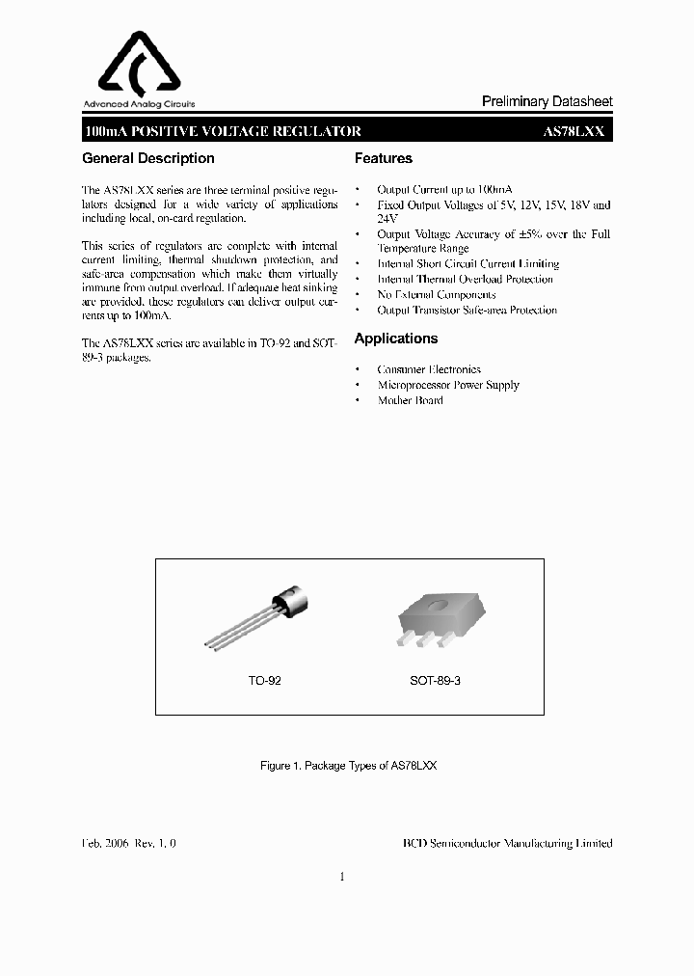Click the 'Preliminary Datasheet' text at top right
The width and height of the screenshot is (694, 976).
tap(547, 102)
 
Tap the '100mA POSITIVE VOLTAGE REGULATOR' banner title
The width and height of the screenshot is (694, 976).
tap(223, 132)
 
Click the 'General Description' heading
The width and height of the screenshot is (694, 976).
tap(148, 158)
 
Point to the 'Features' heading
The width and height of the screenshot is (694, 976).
tap(383, 158)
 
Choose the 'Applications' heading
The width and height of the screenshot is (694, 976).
tap(395, 339)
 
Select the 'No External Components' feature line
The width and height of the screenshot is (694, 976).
tap(436, 294)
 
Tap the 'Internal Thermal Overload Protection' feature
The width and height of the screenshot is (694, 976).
tap(465, 279)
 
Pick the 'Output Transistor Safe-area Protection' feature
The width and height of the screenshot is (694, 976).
tap(467, 310)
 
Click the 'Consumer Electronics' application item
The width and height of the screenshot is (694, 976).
tap(428, 369)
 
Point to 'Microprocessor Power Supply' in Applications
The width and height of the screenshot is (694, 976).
tap(447, 385)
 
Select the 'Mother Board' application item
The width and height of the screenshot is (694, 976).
tap(410, 400)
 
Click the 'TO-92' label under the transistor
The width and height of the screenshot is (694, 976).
tap(264, 680)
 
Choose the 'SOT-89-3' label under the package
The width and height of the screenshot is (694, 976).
tap(436, 680)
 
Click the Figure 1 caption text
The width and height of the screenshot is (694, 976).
tap(348, 765)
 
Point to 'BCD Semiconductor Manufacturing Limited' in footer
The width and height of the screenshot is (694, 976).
tap(507, 843)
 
